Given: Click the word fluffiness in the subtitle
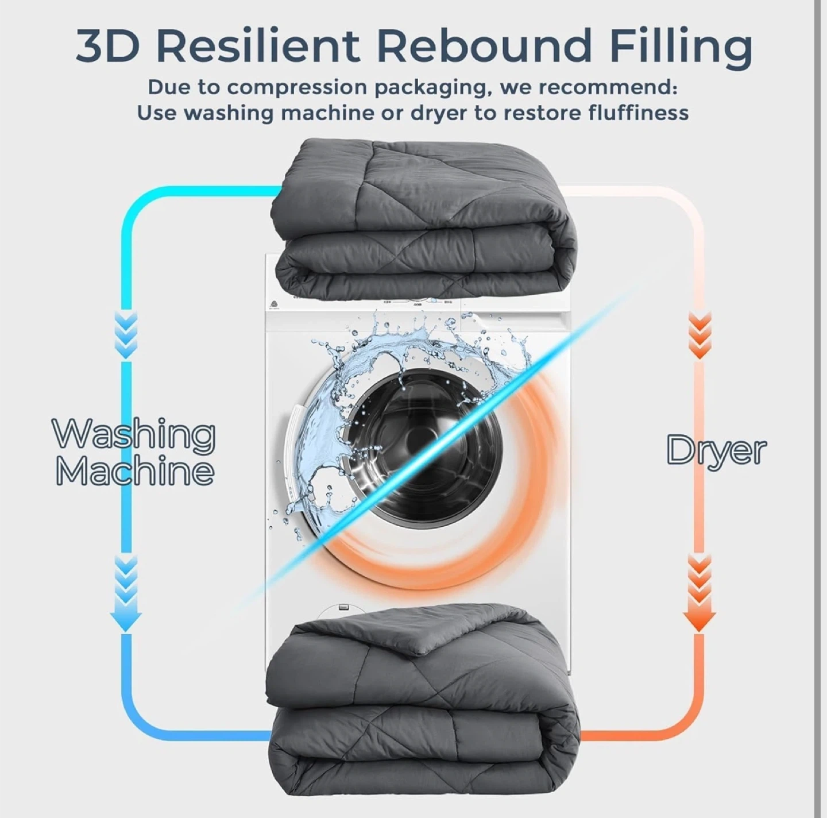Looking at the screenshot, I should click(637, 112).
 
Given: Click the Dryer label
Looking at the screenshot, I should click(716, 451).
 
